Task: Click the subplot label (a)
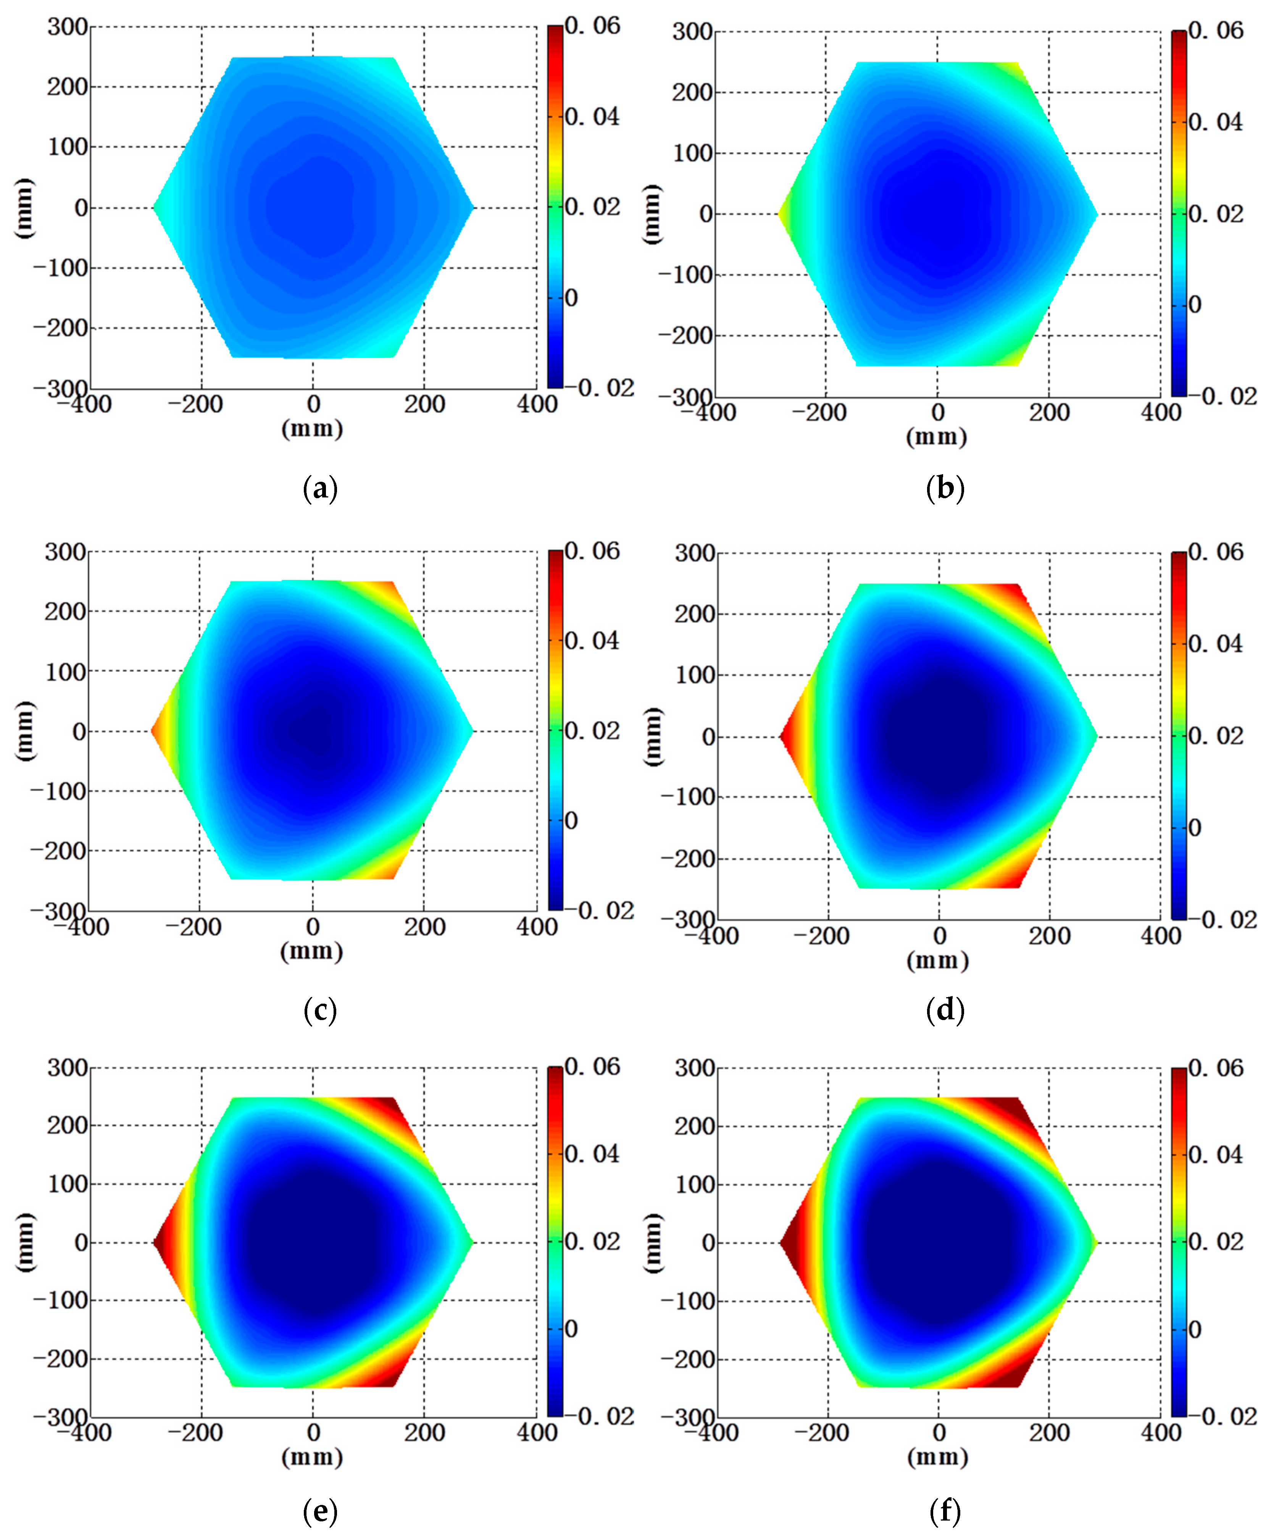pyautogui.click(x=320, y=488)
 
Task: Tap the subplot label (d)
pyautogui.click(x=945, y=1010)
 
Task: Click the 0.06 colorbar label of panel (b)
pyautogui.click(x=1216, y=31)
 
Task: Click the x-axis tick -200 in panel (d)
pyautogui.click(x=828, y=936)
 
